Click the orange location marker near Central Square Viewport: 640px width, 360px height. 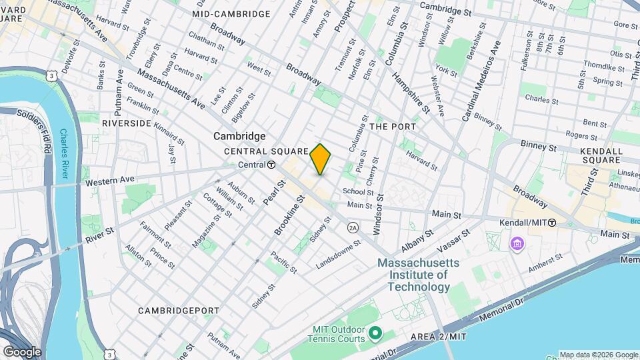[x=321, y=159]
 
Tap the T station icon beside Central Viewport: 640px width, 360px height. [x=272, y=165]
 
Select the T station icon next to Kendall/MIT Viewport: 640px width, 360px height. [x=552, y=223]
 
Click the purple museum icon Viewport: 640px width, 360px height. [x=517, y=245]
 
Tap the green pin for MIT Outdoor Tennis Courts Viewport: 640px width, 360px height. [x=375, y=332]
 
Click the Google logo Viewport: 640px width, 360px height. [x=22, y=351]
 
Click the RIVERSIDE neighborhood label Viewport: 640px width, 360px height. [x=127, y=123]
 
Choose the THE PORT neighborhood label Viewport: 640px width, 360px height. [x=393, y=126]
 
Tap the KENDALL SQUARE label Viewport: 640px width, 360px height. [x=592, y=155]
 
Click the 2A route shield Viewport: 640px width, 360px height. [x=353, y=227]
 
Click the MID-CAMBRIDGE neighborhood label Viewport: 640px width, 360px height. [x=231, y=14]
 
